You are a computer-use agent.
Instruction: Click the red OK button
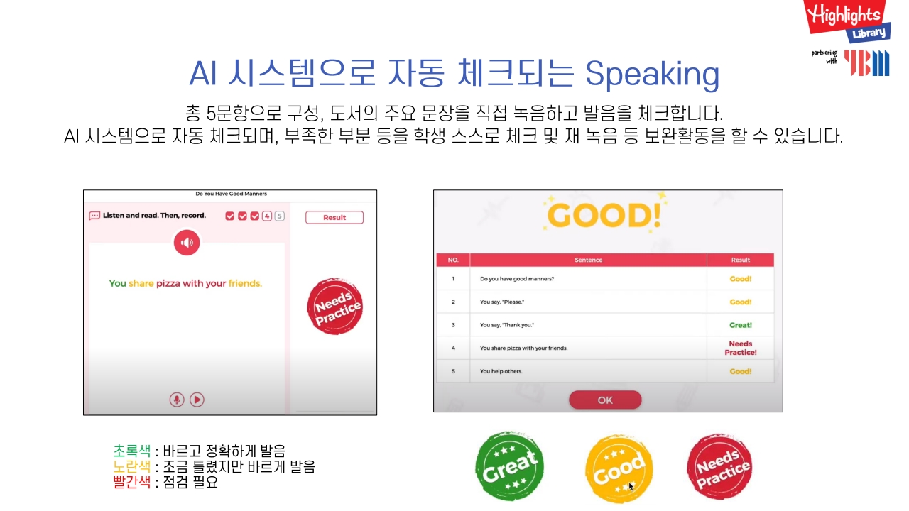point(604,400)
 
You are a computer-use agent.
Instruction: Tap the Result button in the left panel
point(334,217)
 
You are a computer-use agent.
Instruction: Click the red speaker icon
point(187,243)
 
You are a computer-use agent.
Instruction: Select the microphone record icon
point(177,400)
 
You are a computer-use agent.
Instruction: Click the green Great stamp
point(509,466)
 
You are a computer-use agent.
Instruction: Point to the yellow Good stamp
point(619,469)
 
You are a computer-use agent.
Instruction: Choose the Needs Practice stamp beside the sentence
point(334,306)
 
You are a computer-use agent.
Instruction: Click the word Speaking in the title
point(652,75)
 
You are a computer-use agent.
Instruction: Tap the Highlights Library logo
point(847,21)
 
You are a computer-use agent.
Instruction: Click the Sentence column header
point(589,260)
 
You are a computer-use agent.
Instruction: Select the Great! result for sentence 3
point(741,325)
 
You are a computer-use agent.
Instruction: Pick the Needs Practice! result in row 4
point(741,348)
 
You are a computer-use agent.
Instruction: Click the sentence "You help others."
point(501,371)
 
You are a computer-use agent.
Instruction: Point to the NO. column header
point(453,260)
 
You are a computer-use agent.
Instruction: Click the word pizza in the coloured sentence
point(168,283)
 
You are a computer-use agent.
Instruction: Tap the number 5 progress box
point(279,216)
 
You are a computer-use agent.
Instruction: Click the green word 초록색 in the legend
point(132,451)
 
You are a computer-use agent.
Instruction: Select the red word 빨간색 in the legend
point(132,482)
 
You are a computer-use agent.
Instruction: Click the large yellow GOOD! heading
point(604,215)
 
